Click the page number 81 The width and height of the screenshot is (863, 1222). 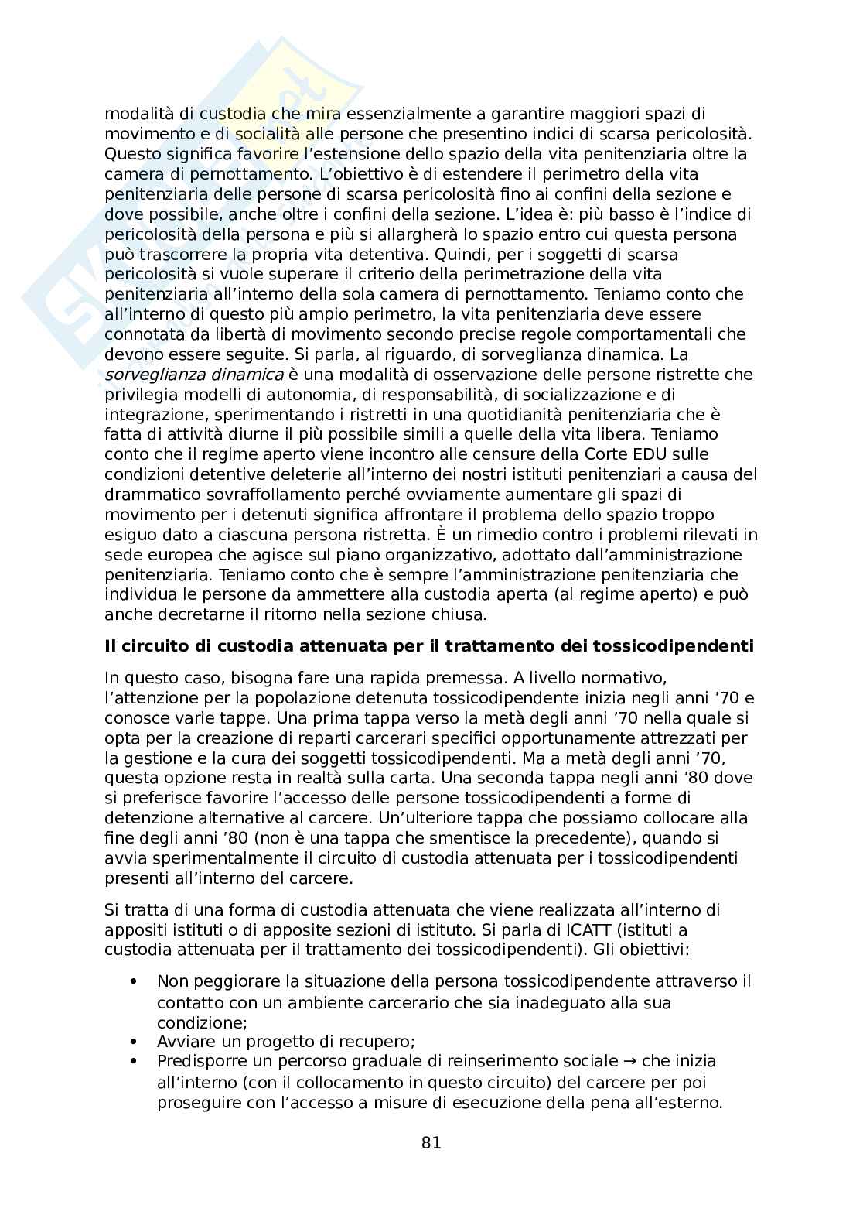432,1143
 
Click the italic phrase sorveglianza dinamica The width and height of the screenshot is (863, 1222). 194,375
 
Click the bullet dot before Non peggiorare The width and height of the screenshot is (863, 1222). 135,982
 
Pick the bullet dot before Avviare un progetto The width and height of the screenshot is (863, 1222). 135,1042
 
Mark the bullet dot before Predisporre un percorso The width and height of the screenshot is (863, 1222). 135,1062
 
